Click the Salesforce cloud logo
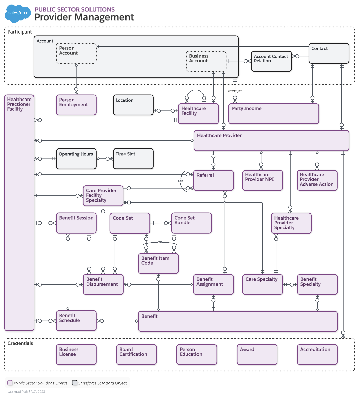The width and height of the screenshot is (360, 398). point(18,13)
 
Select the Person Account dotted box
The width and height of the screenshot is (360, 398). point(76,53)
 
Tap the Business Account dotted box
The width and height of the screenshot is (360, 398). point(206,61)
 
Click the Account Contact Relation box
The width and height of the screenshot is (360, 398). point(271,61)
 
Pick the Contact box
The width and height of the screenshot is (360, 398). point(329,53)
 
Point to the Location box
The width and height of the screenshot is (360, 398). point(133,105)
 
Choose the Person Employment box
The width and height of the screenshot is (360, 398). point(76,105)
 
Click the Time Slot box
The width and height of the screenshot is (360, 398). point(133,159)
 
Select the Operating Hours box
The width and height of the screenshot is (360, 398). point(76,159)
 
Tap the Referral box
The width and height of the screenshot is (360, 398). point(213,180)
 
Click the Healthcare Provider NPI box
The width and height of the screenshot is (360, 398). point(263,180)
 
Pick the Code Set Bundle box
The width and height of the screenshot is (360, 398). point(191,223)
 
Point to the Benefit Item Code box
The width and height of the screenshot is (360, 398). point(158,263)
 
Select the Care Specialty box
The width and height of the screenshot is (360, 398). point(263,285)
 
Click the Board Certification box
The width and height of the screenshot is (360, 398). point(136,355)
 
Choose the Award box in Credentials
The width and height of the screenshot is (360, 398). point(257,355)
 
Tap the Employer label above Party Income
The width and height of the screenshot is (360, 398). point(235,91)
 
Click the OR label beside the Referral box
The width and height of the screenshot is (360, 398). point(180,181)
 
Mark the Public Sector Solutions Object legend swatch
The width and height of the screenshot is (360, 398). point(10,383)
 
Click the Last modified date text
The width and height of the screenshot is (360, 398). point(26,392)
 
